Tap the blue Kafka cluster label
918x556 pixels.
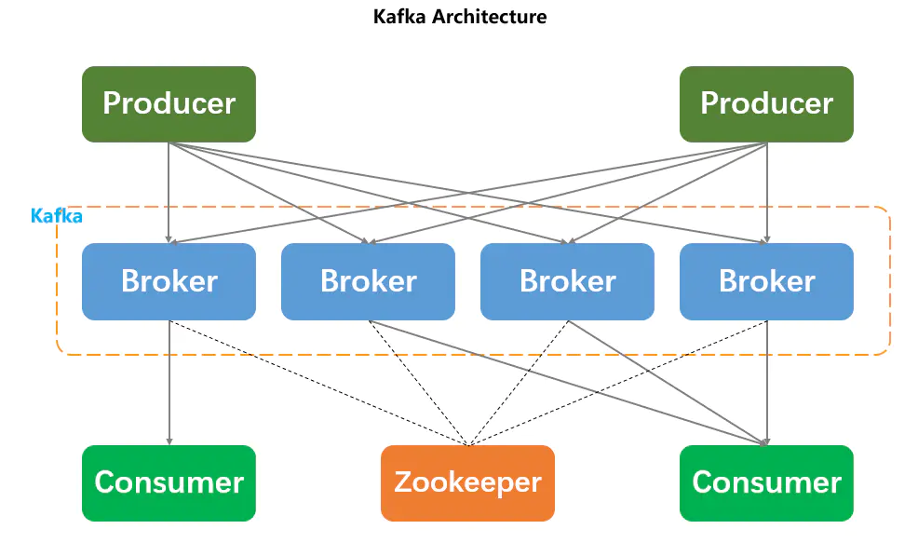tap(57, 216)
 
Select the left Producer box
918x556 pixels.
tap(169, 103)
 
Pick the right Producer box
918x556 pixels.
tap(766, 103)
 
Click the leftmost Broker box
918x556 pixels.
tap(169, 281)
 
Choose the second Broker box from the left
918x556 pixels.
tap(368, 281)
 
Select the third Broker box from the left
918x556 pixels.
tap(567, 281)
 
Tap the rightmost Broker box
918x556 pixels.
tap(766, 281)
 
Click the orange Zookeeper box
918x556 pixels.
tap(467, 482)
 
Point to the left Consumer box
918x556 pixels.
tap(169, 482)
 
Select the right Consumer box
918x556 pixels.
tap(766, 482)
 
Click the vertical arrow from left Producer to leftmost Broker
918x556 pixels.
tap(169, 191)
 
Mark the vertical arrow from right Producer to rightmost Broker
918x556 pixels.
tap(766, 191)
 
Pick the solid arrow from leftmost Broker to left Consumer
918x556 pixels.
tap(169, 382)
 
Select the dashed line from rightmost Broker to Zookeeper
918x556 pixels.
tap(617, 382)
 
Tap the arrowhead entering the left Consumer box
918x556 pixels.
tap(169, 441)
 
